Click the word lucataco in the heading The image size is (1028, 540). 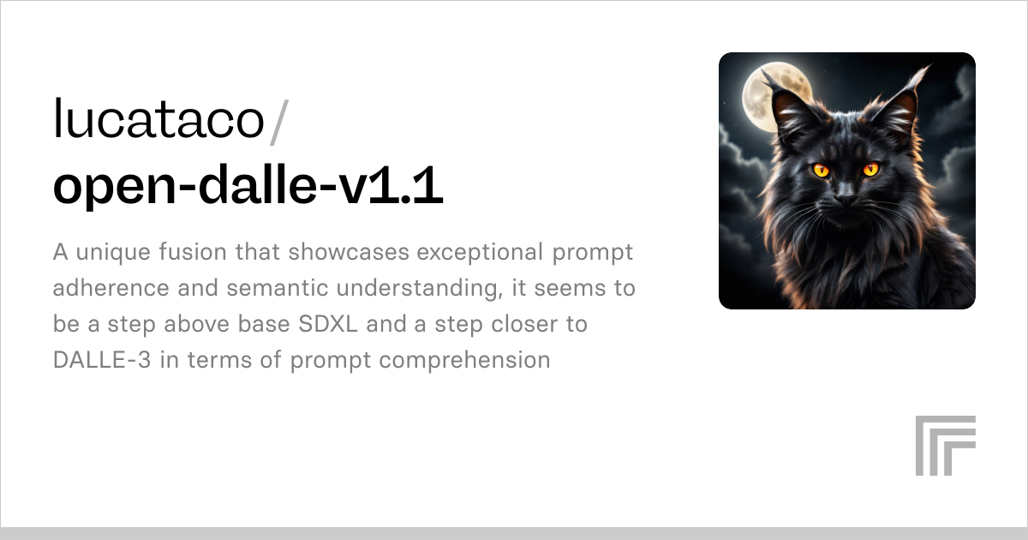click(158, 119)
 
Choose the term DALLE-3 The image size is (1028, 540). click(104, 360)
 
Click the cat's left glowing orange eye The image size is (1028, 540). click(821, 169)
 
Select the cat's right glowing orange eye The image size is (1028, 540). click(871, 169)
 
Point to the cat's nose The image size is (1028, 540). click(846, 198)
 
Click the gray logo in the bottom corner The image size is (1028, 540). click(945, 445)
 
